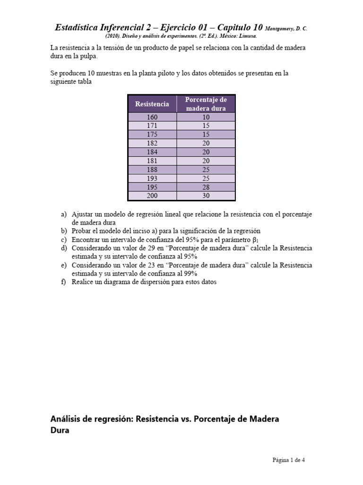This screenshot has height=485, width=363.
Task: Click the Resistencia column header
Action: click(x=152, y=104)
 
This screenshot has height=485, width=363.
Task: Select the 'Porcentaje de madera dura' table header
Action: click(x=206, y=104)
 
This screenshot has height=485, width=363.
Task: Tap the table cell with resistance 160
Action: click(x=152, y=117)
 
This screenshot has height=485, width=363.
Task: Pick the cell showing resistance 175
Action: click(x=152, y=134)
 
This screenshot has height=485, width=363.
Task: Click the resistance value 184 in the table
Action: click(x=152, y=152)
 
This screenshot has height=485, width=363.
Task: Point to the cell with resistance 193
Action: click(x=152, y=178)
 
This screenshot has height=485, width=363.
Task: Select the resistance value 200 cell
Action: click(x=152, y=196)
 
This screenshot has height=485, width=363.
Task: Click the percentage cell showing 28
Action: click(x=206, y=187)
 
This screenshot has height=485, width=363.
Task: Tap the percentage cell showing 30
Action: click(x=206, y=196)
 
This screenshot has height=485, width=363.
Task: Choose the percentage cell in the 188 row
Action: click(x=206, y=169)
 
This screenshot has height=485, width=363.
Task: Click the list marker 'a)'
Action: click(x=64, y=214)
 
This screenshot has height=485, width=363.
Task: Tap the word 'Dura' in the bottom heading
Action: click(x=60, y=431)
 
